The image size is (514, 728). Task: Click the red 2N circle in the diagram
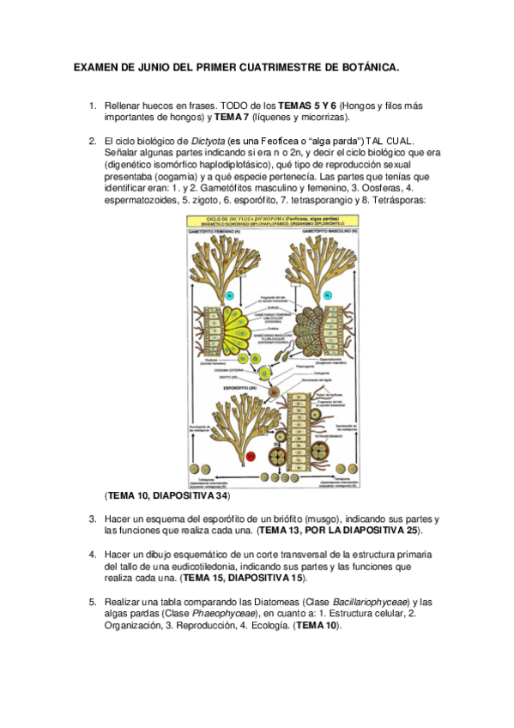click(251, 456)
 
